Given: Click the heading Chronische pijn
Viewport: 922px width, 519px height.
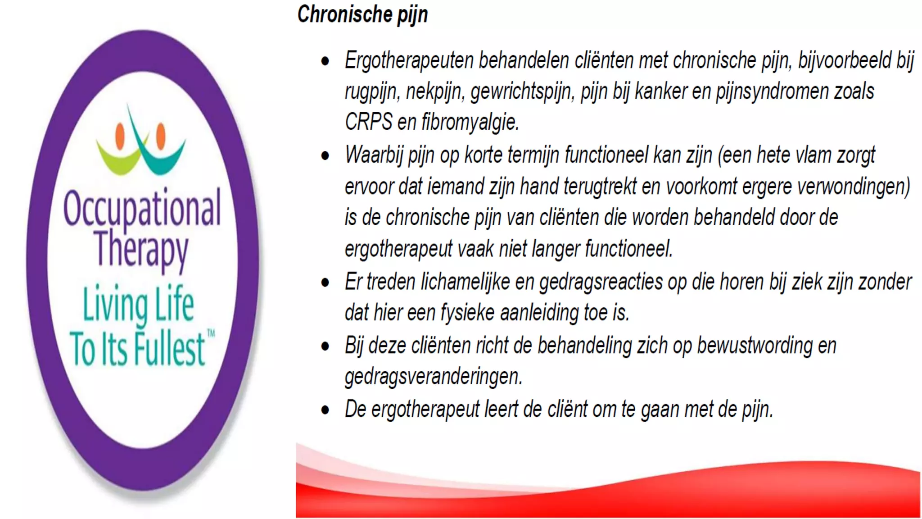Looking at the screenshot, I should [x=362, y=14].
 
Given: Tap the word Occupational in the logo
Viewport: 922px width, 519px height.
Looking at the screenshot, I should [x=142, y=208].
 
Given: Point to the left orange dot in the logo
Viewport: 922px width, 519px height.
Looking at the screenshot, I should [x=120, y=136].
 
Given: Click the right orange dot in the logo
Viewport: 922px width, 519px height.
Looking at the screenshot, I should [x=160, y=135].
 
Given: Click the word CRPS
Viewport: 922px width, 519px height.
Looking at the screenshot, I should [x=368, y=122].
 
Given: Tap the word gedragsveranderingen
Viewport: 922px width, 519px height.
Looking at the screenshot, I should [x=433, y=377].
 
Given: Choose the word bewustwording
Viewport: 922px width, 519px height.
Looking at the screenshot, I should [x=755, y=346].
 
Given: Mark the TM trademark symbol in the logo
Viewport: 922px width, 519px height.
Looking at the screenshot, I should [x=211, y=333].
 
